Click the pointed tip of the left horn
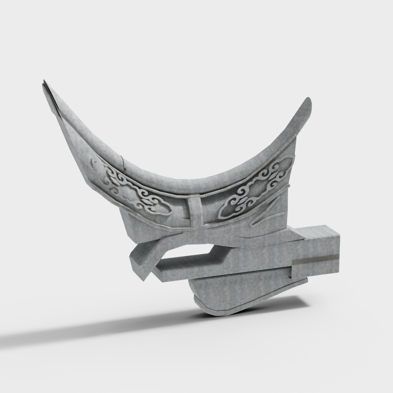click(44, 83)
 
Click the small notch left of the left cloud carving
click(94, 161)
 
